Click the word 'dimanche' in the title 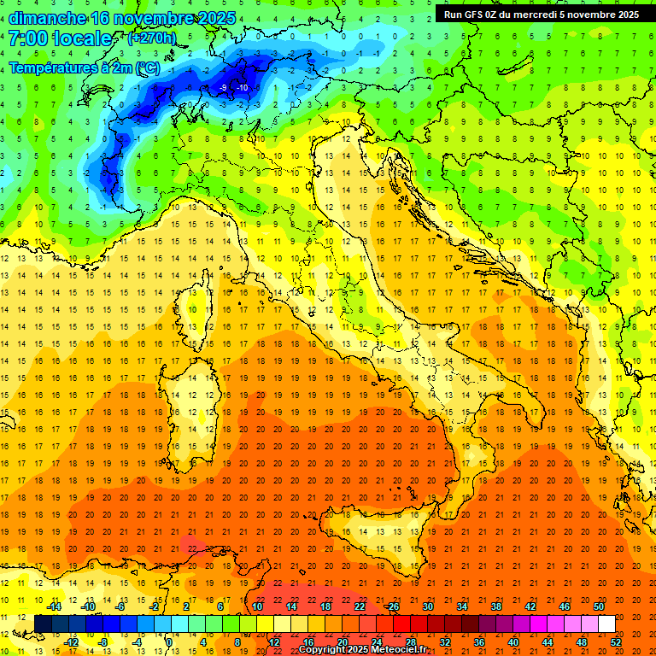(x=46, y=18)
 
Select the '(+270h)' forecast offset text (x=152, y=38)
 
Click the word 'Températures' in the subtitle (x=53, y=67)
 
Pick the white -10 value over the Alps (x=243, y=88)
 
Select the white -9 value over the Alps (x=224, y=88)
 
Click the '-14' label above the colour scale (x=54, y=606)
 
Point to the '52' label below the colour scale (x=615, y=642)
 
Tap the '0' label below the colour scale (x=169, y=642)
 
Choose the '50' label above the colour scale (x=598, y=606)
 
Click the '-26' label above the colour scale (x=392, y=606)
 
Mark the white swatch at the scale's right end (x=606, y=624)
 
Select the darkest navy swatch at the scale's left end (x=43, y=624)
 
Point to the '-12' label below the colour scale (x=72, y=642)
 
